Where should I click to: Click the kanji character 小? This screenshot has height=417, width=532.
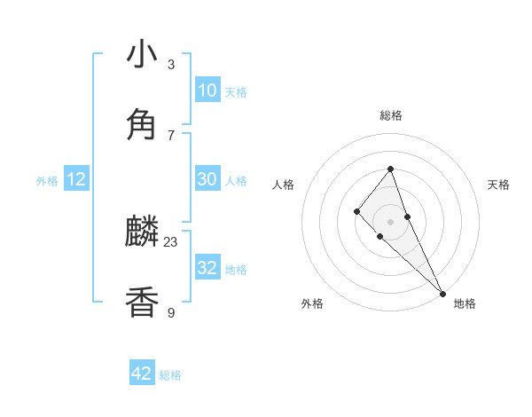142,55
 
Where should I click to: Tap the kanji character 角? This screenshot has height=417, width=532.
142,125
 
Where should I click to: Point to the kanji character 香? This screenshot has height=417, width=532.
142,303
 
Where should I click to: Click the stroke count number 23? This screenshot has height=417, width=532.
171,241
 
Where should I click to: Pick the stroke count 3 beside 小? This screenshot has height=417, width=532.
171,64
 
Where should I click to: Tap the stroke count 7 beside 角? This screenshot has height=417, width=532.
171,134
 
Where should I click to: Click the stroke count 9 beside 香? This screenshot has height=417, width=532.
171,311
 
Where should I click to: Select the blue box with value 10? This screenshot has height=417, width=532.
207,90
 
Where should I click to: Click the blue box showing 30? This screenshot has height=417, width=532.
207,179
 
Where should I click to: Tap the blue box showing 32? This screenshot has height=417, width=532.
207,268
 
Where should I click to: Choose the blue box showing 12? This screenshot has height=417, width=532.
76,179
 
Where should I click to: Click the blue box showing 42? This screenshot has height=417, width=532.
142,374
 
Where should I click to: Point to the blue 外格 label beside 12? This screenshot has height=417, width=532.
47,181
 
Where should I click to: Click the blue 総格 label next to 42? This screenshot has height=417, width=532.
170,375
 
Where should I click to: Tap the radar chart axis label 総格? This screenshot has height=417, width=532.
390,115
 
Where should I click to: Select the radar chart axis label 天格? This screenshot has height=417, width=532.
498,185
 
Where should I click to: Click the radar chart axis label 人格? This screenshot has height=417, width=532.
283,185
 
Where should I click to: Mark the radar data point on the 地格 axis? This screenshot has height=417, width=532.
442,293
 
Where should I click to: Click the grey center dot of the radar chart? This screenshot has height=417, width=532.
390,221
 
